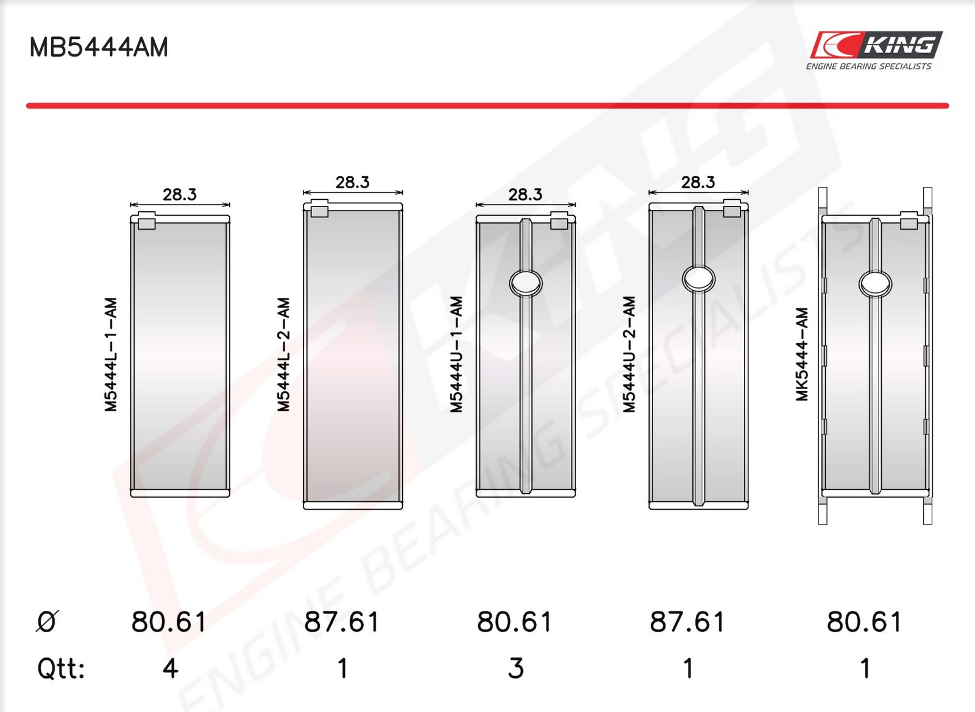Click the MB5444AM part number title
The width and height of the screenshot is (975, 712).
(x=99, y=47)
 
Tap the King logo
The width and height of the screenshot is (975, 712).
(x=876, y=44)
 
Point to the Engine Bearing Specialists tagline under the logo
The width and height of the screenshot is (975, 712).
(x=869, y=66)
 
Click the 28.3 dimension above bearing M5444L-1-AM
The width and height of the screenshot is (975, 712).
(x=180, y=194)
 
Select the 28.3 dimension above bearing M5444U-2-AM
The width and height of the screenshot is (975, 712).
(x=698, y=182)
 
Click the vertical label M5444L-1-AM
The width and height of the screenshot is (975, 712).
(x=111, y=354)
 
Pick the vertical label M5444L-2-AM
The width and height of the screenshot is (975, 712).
(x=283, y=354)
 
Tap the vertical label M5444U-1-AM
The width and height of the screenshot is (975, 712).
(x=456, y=354)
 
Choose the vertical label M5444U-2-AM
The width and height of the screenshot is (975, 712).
(x=629, y=354)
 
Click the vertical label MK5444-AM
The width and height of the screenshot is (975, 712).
(x=802, y=354)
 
